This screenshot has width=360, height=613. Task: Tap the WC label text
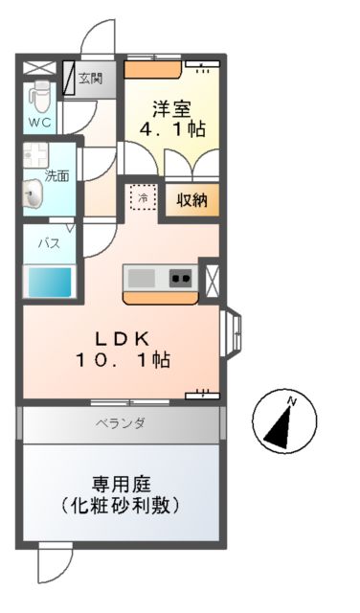click(x=39, y=124)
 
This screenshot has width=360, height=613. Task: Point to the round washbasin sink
click(x=34, y=197)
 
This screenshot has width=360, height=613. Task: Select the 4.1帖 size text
click(x=173, y=129)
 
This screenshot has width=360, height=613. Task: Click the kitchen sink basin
click(x=143, y=278)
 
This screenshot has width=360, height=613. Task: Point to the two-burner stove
click(x=179, y=278)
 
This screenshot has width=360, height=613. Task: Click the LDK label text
click(x=120, y=338)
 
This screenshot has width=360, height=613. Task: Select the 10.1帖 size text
click(x=124, y=361)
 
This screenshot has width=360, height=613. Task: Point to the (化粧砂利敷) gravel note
click(x=121, y=505)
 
